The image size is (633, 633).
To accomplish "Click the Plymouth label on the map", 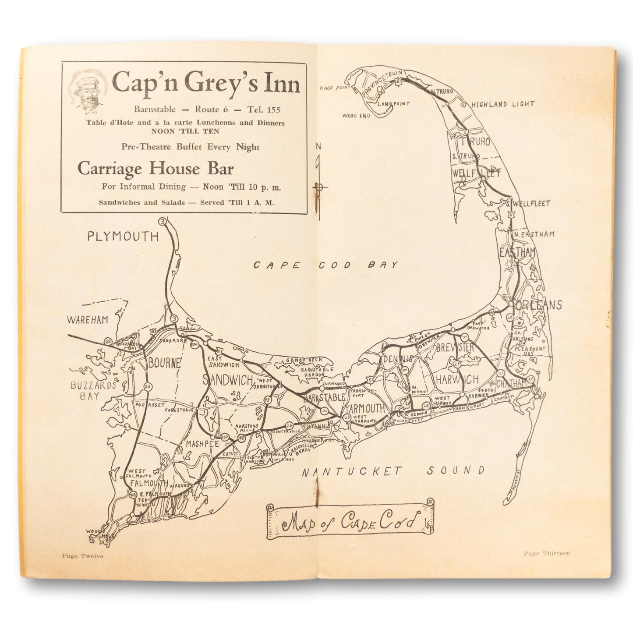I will pos(123,237).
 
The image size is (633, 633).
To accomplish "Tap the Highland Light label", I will pos(503,104).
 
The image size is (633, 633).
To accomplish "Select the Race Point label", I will pos(332,88).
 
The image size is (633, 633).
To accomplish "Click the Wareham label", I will pos(88,320).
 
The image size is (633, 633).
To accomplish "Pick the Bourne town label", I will pos(164,363).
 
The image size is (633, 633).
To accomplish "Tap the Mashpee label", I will pos(202,444).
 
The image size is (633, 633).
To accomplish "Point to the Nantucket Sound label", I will pos(393,471).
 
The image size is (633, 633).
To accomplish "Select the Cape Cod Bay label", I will pos(326,265).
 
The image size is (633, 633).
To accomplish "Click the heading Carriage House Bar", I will pos(156,168).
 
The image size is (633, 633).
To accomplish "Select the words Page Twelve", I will pos(83,556).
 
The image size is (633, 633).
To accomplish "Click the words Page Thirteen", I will pos(547,553).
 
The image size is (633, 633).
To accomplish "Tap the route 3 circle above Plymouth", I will pos(163,222).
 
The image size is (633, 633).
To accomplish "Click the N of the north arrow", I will pos(318,146).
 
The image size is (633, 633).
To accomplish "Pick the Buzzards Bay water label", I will pos(87,391).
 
